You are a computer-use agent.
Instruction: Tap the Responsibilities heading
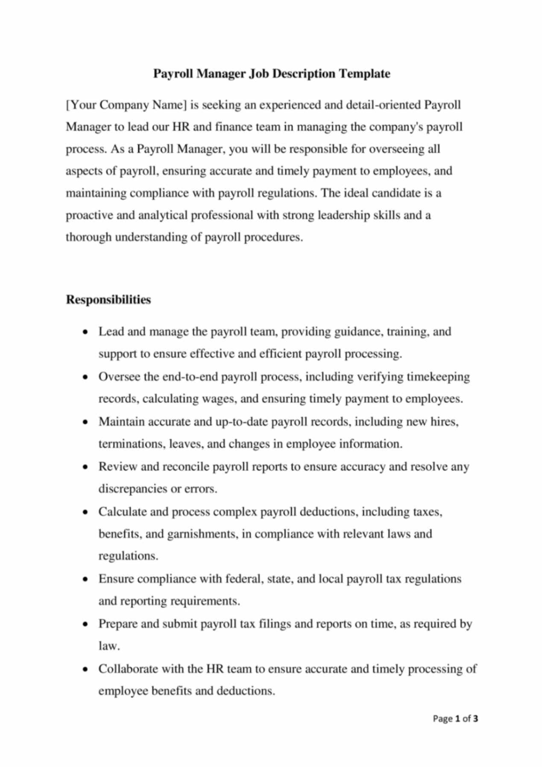click(108, 299)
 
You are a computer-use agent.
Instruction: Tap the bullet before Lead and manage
click(86, 332)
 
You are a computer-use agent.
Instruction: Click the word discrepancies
click(133, 489)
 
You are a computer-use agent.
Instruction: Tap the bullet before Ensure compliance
click(86, 579)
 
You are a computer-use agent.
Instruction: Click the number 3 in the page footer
click(475, 719)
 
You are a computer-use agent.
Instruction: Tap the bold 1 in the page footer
click(457, 719)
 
